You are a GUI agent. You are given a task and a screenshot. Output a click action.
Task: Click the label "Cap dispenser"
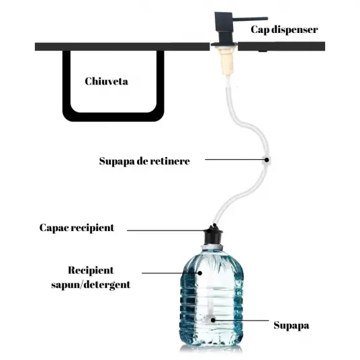(x=284, y=30)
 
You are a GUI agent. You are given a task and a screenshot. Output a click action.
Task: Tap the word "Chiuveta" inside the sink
(x=106, y=81)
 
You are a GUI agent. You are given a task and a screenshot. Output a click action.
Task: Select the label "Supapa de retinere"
(x=144, y=161)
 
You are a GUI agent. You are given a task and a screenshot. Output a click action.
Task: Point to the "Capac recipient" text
(x=77, y=228)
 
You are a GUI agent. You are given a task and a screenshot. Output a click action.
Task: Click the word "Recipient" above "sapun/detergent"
(x=91, y=270)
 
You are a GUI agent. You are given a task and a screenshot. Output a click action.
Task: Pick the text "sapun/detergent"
(x=91, y=285)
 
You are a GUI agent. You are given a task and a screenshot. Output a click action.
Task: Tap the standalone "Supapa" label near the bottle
(x=291, y=326)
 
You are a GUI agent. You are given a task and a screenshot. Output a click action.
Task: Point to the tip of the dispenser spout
(x=267, y=18)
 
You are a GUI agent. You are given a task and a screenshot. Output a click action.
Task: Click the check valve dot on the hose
(x=267, y=160)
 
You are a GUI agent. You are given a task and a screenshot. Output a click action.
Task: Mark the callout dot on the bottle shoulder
(x=200, y=273)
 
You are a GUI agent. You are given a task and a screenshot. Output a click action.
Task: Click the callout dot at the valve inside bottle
(x=213, y=320)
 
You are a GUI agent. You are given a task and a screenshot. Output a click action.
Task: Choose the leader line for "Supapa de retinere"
(x=234, y=159)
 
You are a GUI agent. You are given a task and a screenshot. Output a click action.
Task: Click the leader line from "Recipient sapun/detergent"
(x=170, y=273)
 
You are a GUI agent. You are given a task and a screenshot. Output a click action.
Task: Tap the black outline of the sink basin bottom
(x=114, y=117)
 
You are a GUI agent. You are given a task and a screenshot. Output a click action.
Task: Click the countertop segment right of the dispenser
(x=281, y=46)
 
